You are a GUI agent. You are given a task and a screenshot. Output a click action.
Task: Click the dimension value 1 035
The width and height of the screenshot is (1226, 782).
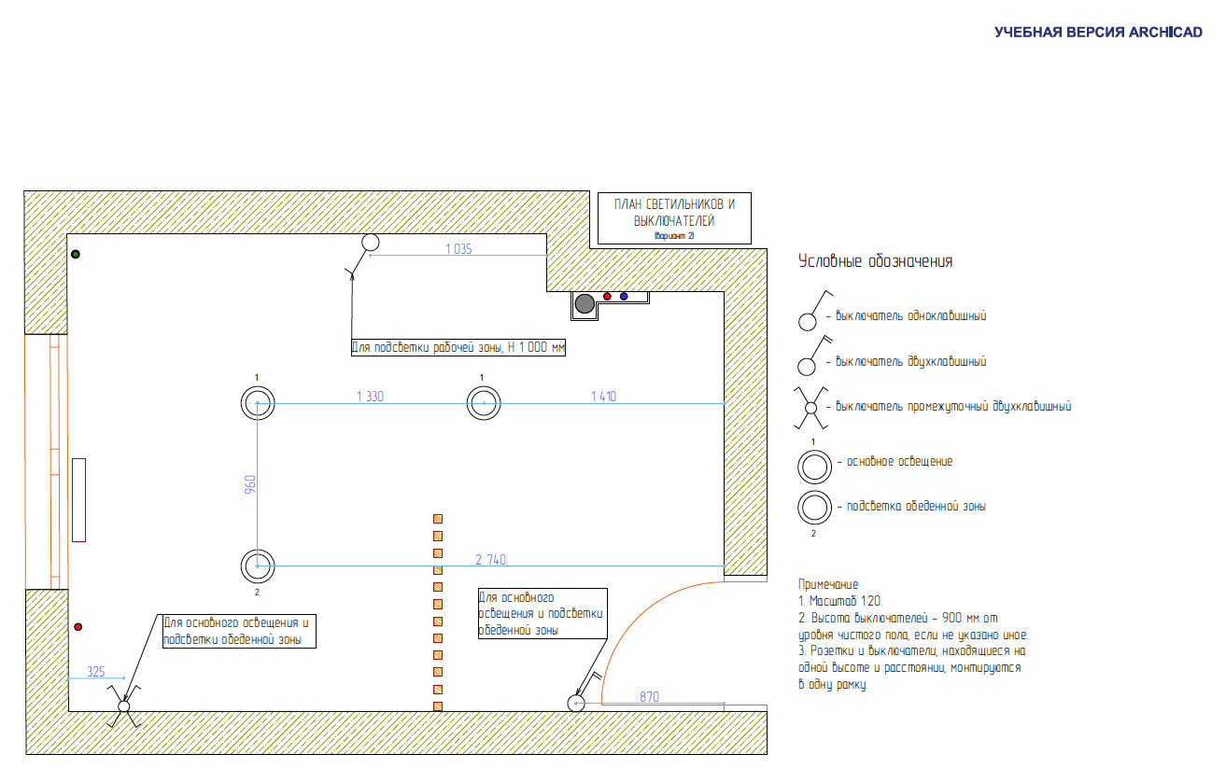pyautogui.click(x=458, y=249)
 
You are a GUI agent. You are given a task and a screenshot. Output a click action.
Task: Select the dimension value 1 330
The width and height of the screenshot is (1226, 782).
pyautogui.click(x=370, y=396)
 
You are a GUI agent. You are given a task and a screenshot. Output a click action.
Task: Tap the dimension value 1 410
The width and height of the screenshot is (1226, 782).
pyautogui.click(x=603, y=396)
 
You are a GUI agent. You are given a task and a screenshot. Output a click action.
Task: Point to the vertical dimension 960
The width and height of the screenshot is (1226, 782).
pyautogui.click(x=249, y=484)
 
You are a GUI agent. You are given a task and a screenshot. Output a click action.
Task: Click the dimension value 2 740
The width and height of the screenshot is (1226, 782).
pyautogui.click(x=490, y=559)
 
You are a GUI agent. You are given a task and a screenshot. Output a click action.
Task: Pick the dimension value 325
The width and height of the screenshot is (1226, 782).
pyautogui.click(x=96, y=672)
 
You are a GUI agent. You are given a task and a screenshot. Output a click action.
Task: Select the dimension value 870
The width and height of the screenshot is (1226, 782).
pyautogui.click(x=649, y=697)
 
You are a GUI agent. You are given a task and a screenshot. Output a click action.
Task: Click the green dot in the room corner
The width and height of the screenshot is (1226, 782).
pyautogui.click(x=76, y=254)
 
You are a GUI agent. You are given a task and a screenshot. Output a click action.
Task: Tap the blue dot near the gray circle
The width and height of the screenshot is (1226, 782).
pyautogui.click(x=624, y=297)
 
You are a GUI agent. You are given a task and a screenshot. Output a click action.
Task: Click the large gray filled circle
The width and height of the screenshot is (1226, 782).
pyautogui.click(x=585, y=304)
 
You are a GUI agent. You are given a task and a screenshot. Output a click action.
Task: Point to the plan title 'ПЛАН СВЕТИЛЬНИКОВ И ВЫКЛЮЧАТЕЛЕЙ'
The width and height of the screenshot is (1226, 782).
pyautogui.click(x=674, y=213)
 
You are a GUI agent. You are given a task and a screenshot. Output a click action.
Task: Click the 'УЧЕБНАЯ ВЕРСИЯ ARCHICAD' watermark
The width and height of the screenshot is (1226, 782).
pyautogui.click(x=1098, y=33)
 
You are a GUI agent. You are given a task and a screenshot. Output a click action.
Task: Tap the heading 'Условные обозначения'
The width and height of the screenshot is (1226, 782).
pyautogui.click(x=875, y=261)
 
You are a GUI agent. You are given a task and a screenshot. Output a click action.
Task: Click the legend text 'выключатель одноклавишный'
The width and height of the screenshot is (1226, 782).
pyautogui.click(x=910, y=315)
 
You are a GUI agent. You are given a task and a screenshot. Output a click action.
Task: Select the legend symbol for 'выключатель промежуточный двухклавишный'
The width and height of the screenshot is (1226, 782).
pyautogui.click(x=810, y=408)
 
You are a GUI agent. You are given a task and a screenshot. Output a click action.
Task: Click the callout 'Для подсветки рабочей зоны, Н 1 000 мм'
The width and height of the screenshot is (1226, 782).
pyautogui.click(x=458, y=347)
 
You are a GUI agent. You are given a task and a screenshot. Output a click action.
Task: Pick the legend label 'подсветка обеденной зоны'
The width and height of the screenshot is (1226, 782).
pyautogui.click(x=916, y=507)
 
